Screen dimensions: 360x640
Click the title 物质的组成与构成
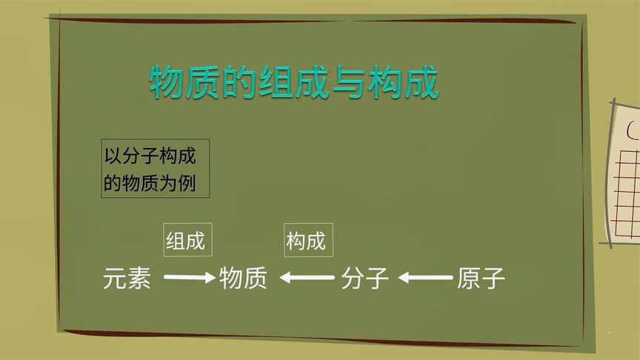click(x=294, y=82)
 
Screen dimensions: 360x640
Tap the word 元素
click(x=127, y=279)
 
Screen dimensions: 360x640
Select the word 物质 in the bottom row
click(x=243, y=279)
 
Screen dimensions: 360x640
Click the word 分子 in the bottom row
click(x=365, y=279)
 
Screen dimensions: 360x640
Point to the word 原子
click(x=481, y=279)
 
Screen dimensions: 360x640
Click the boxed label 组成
click(x=187, y=241)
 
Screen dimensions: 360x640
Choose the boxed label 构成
click(x=305, y=241)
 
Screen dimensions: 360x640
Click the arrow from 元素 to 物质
click(x=189, y=279)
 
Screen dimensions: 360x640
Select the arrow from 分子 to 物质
click(x=307, y=279)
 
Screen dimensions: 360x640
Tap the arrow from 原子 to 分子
click(x=425, y=279)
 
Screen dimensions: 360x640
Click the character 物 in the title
click(x=167, y=82)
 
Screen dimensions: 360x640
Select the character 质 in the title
click(x=204, y=82)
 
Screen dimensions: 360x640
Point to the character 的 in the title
click(x=239, y=82)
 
